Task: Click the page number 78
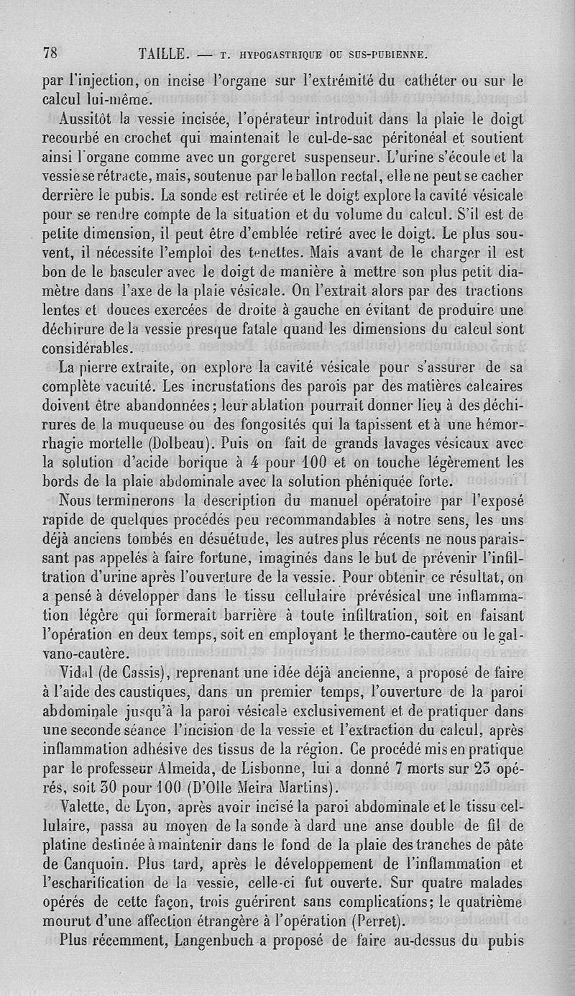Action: coord(50,53)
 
